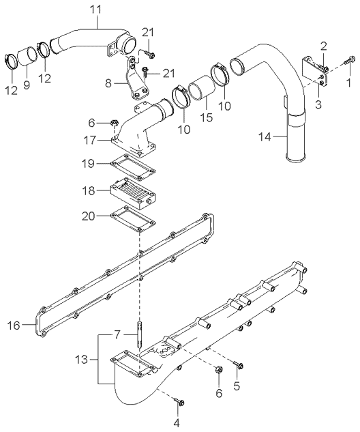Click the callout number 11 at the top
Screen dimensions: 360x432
pos(95,10)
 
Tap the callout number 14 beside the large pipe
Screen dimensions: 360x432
pos(265,136)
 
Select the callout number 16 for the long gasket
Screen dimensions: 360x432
pos(14,326)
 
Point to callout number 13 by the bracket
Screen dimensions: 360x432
pos(81,359)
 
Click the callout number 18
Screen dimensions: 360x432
pos(89,190)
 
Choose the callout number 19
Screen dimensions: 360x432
pos(89,164)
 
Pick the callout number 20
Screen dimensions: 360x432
pos(89,216)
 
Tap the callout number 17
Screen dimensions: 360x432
pos(90,141)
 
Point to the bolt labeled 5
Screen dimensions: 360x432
pos(239,365)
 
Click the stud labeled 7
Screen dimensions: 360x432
pos(138,334)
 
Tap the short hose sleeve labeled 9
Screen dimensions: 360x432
pos(27,57)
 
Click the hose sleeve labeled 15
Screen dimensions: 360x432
pos(201,88)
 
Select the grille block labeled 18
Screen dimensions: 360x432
pos(133,195)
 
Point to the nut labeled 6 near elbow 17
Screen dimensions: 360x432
pos(115,123)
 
